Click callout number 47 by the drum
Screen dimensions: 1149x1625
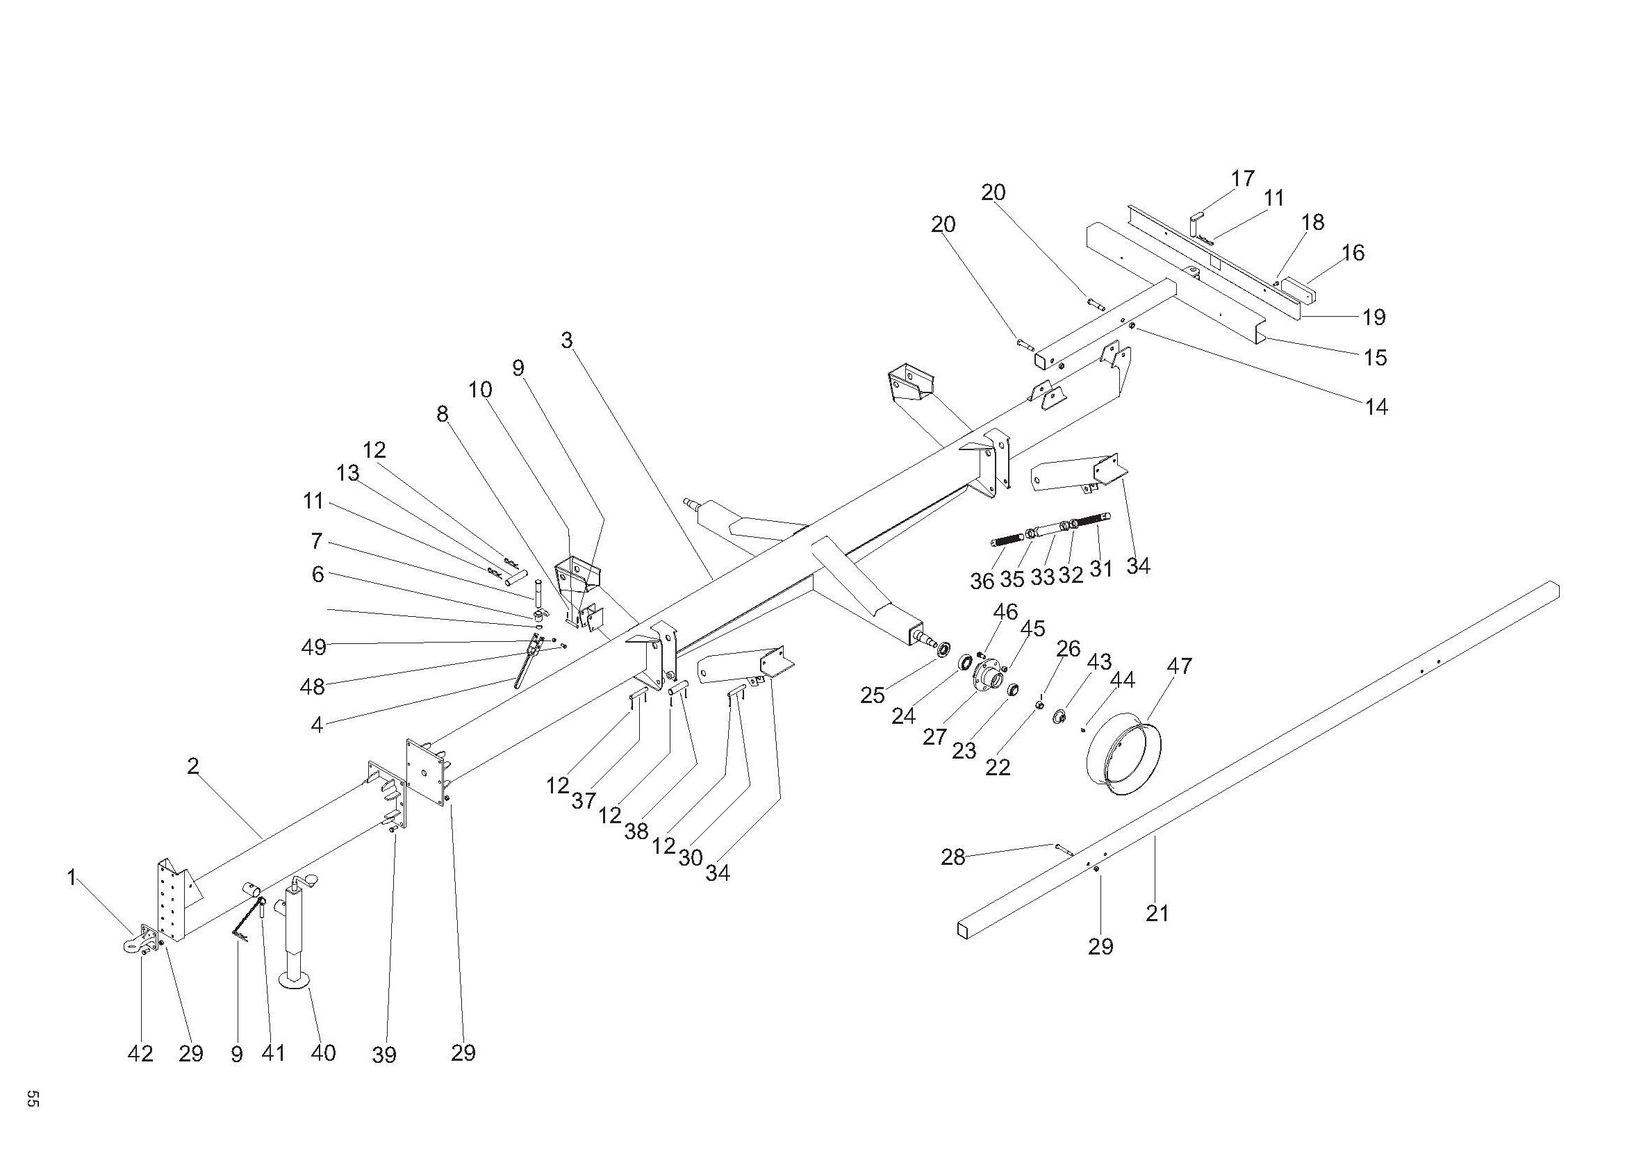pos(1179,666)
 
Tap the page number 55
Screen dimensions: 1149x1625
pos(33,1099)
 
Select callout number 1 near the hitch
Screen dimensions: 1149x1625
pos(72,878)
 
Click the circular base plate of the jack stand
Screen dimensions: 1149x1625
pos(295,980)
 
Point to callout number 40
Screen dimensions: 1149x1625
pos(323,1052)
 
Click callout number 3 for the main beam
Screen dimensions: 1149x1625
pos(566,340)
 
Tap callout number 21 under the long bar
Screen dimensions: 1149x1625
pos(1157,914)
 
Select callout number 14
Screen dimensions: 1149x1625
pos(1376,407)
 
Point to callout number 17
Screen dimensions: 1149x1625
pos(1243,179)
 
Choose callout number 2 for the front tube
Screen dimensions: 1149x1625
pos(193,766)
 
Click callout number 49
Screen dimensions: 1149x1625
pos(313,646)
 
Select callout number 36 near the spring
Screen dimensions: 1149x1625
pos(982,581)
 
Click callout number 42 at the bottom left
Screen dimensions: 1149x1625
pos(140,1054)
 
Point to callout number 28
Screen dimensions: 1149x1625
pos(952,857)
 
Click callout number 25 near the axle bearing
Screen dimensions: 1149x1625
pos(872,695)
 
